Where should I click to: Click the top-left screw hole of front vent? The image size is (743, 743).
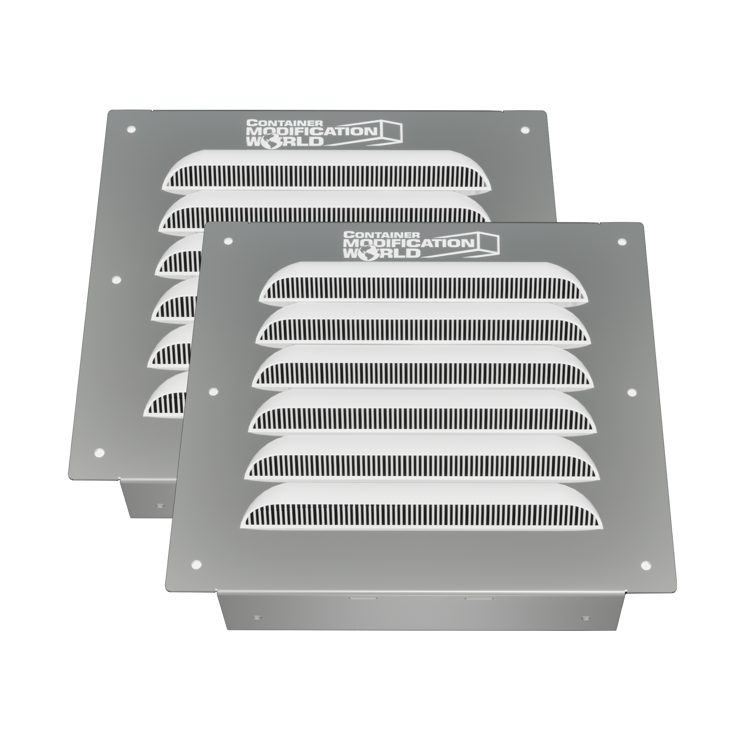pos(228,241)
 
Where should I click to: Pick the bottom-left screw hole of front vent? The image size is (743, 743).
pos(196,564)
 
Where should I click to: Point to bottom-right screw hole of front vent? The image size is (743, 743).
pos(646,565)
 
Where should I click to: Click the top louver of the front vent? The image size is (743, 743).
pos(423,283)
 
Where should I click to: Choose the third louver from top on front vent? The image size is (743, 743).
pos(422,367)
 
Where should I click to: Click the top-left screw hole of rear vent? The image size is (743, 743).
pos(132,130)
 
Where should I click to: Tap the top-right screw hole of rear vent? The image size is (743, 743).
pos(524,130)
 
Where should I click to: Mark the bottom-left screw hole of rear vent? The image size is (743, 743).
pos(99,452)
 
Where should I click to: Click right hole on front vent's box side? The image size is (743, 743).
pos(585,619)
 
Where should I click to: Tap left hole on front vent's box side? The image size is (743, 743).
pos(255,618)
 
